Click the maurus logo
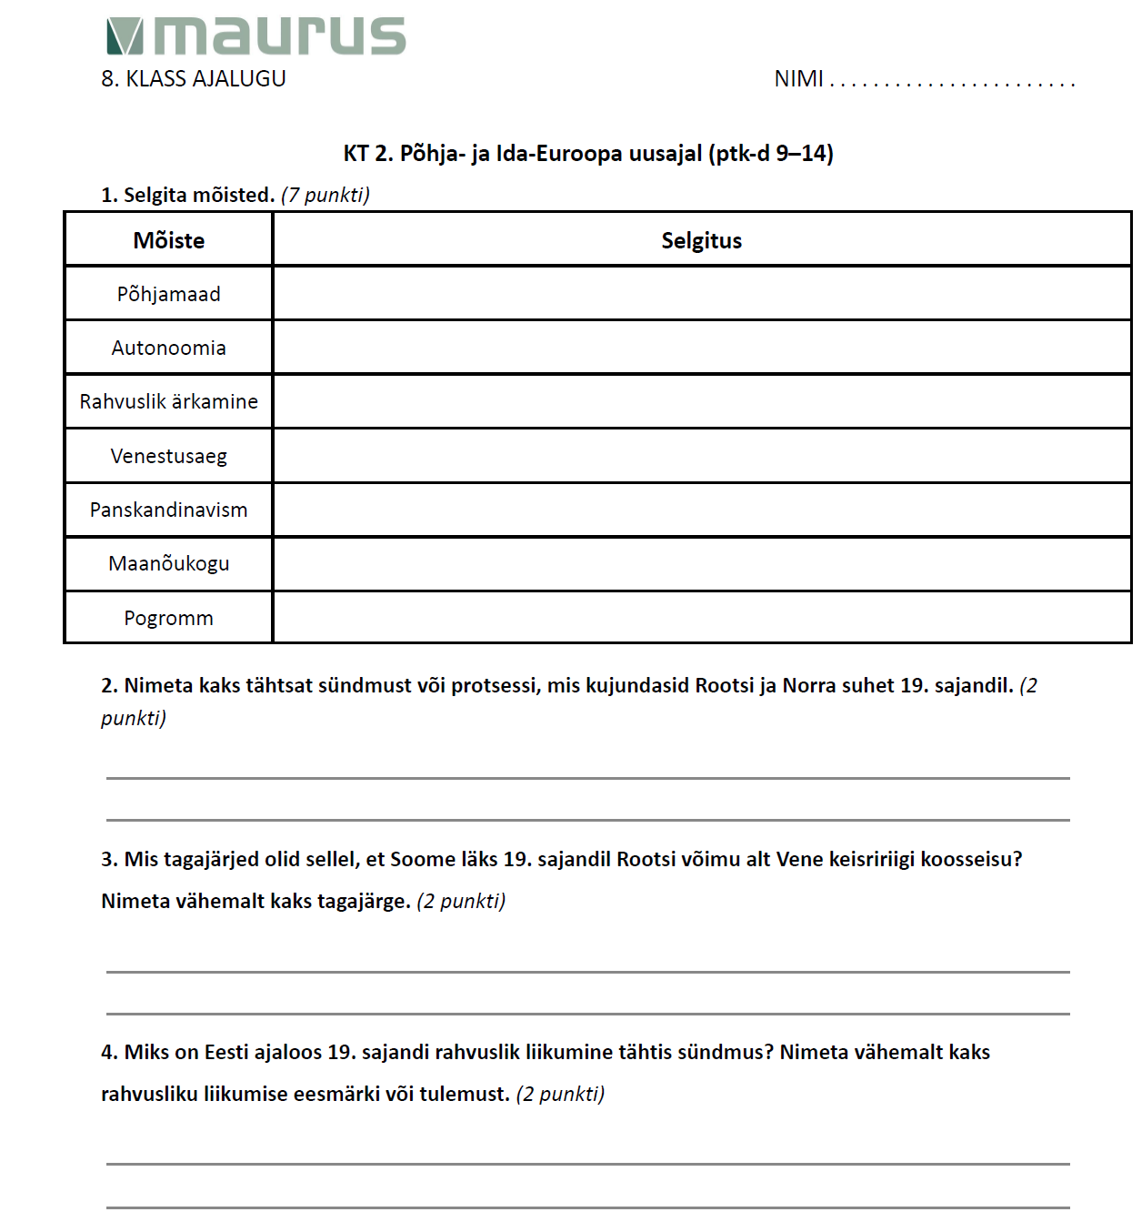pos(256,36)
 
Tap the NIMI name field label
pos(798,79)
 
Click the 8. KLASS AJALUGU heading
pos(194,79)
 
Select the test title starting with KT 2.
pos(588,153)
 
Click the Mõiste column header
pos(169,240)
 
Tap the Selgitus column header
pos(701,240)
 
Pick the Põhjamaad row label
pos(169,294)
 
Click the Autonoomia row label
pos(169,348)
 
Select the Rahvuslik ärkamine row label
pos(169,401)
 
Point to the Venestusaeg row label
pos(169,456)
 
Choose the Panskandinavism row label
pos(169,510)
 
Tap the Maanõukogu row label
pos(169,563)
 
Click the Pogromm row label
pos(169,618)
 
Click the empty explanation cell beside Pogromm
pos(701,617)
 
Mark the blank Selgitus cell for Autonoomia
pos(701,348)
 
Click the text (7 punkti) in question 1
pos(326,195)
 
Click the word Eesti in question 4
pos(226,1052)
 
